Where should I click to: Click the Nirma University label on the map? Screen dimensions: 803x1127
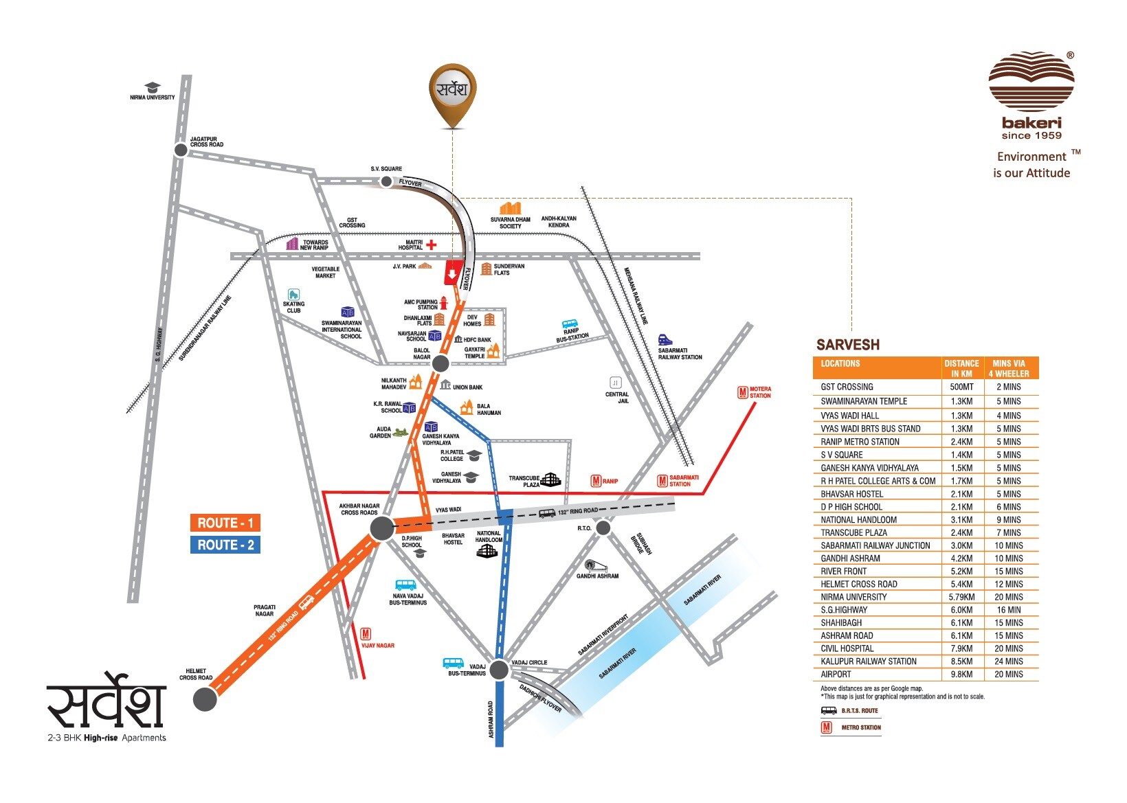pos(152,98)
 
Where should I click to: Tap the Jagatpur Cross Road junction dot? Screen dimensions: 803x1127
pos(180,150)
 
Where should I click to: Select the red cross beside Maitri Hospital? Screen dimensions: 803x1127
pos(432,245)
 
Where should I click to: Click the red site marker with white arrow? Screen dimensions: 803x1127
pos(451,273)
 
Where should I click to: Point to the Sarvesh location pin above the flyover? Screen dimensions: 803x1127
pos(453,93)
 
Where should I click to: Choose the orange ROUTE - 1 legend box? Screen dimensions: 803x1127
pos(225,523)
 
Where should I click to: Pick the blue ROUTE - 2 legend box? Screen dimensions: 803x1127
pos(225,545)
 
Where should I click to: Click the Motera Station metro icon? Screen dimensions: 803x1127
pos(742,392)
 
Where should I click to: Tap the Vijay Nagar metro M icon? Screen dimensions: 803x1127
pos(366,634)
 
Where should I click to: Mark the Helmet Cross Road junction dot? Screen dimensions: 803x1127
pos(205,699)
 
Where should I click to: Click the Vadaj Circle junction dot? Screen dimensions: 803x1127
pos(500,669)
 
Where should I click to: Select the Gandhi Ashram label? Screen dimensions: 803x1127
pos(597,576)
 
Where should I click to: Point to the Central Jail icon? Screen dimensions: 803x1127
pos(615,383)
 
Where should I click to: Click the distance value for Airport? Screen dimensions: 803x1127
pos(961,675)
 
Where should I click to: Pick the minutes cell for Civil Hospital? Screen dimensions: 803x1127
pos(1008,648)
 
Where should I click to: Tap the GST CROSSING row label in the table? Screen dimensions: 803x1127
pos(847,387)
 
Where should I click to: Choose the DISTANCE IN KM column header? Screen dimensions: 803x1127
pos(961,368)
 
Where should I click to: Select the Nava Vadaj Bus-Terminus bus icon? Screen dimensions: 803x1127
pos(405,585)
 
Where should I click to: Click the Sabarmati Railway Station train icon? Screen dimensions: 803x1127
pos(665,339)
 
